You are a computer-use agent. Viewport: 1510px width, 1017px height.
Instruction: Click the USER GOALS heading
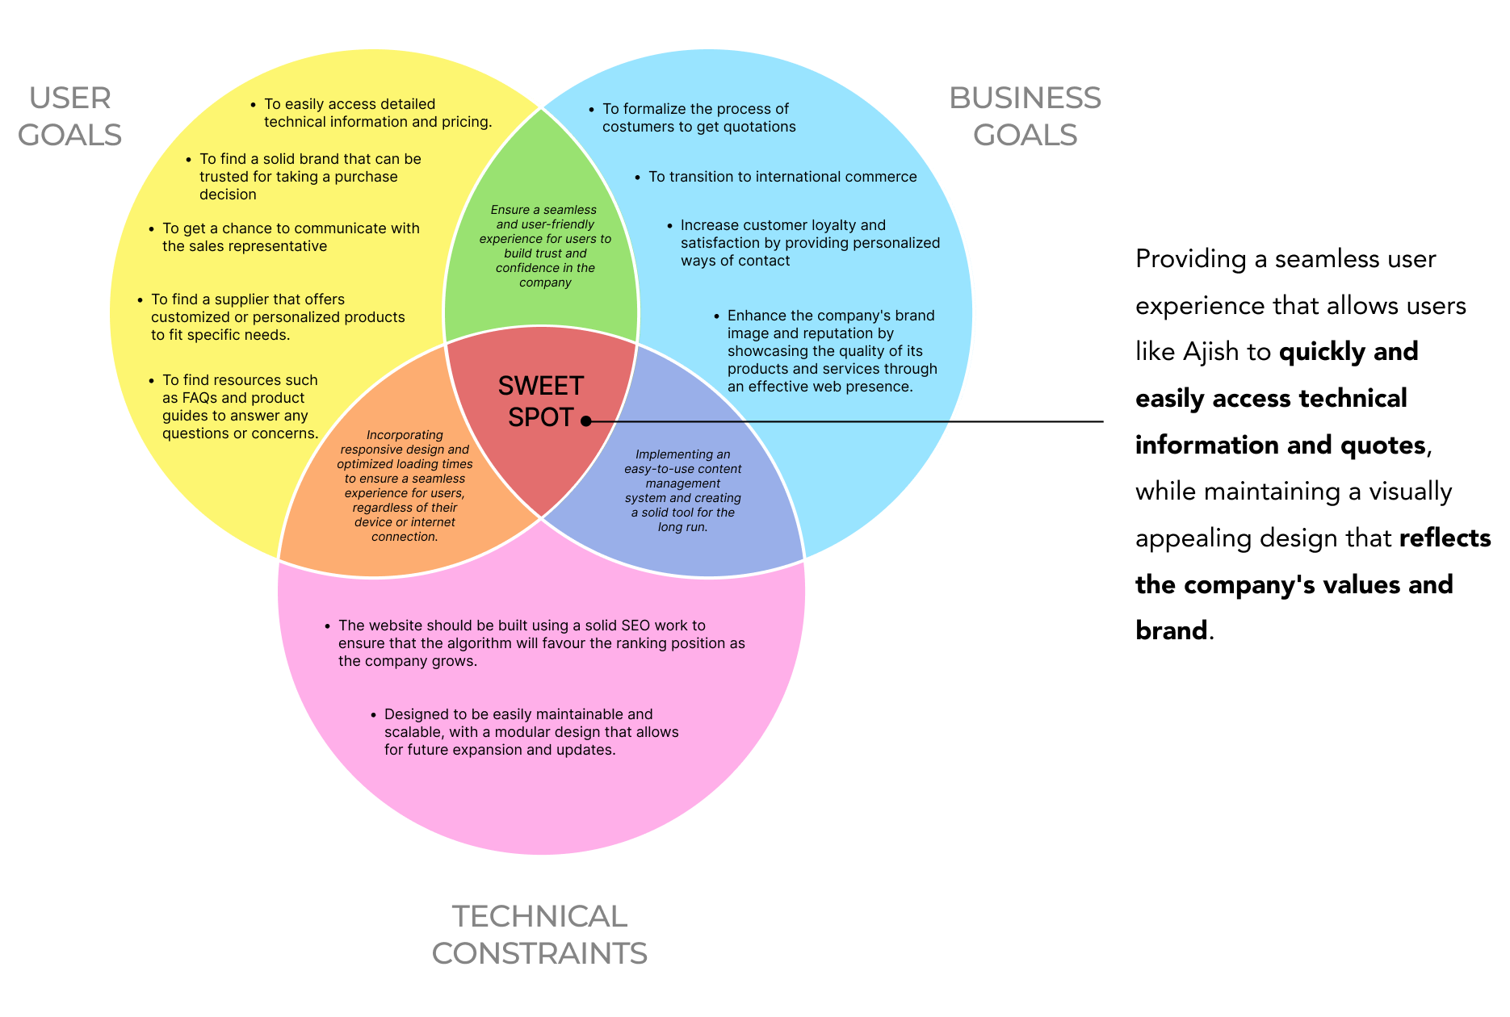(70, 116)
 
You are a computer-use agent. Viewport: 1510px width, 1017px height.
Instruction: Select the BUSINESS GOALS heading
(1024, 116)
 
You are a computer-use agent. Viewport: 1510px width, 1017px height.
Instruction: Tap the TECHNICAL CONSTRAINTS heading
(539, 935)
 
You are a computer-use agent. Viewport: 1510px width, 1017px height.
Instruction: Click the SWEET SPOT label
(540, 402)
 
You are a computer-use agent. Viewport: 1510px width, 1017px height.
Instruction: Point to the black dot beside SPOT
(586, 421)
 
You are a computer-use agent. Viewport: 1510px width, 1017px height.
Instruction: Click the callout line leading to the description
(848, 421)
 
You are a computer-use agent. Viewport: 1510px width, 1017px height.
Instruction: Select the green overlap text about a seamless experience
(545, 246)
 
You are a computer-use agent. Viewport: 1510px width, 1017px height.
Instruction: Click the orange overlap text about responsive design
(405, 486)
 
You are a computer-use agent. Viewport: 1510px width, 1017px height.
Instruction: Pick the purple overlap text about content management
(682, 491)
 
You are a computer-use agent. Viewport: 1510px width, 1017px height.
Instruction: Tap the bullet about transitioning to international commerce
(782, 177)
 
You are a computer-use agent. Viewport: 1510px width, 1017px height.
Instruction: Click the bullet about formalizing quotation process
(698, 118)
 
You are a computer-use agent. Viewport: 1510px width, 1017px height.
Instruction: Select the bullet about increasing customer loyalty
(809, 243)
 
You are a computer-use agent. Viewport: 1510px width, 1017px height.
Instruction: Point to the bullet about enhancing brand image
(832, 351)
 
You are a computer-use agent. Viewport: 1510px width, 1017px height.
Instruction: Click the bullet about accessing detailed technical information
(377, 113)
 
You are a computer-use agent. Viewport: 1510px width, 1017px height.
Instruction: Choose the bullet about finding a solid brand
(310, 177)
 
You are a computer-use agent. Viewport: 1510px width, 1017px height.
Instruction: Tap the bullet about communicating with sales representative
(291, 237)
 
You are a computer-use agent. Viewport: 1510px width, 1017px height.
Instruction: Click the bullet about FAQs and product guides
(240, 407)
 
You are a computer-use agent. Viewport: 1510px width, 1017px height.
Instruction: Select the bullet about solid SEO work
(541, 643)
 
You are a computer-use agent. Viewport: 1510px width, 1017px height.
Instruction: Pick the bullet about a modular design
(531, 732)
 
